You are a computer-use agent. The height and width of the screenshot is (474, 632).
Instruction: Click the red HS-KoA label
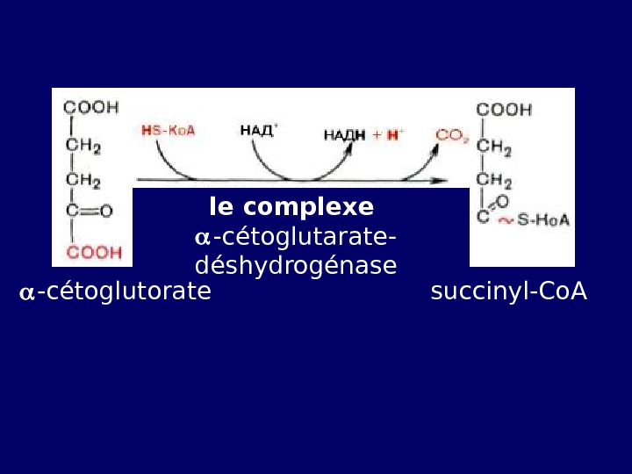pyautogui.click(x=169, y=131)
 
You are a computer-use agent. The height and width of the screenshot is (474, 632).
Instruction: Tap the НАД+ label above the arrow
pyautogui.click(x=258, y=131)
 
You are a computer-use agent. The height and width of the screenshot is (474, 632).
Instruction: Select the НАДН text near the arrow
pyautogui.click(x=344, y=135)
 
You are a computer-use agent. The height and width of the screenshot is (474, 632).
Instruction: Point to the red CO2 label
pyautogui.click(x=453, y=135)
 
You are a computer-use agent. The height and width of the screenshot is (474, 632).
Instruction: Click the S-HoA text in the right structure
pyautogui.click(x=543, y=220)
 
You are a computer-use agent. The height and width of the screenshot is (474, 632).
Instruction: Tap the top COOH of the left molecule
pyautogui.click(x=90, y=108)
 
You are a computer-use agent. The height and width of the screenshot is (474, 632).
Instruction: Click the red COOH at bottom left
pyautogui.click(x=94, y=253)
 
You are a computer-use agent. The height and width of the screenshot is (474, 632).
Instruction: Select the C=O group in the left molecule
pyautogui.click(x=90, y=212)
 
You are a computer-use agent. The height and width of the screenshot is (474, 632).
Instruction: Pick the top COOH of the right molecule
pyautogui.click(x=504, y=110)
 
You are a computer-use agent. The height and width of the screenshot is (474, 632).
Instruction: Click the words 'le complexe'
pyautogui.click(x=291, y=208)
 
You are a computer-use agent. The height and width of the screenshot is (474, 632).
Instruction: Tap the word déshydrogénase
pyautogui.click(x=296, y=266)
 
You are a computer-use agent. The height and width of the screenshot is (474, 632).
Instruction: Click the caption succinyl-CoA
pyautogui.click(x=508, y=292)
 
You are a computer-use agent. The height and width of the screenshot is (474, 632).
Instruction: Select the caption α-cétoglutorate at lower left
pyautogui.click(x=115, y=292)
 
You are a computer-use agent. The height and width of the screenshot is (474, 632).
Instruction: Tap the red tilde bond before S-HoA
pyautogui.click(x=506, y=221)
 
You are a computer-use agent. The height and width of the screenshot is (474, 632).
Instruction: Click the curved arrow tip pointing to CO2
pyautogui.click(x=435, y=148)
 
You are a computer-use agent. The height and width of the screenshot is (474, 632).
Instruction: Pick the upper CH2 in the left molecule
pyautogui.click(x=83, y=146)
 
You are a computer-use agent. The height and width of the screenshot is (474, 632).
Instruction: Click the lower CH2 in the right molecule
pyautogui.click(x=494, y=181)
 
